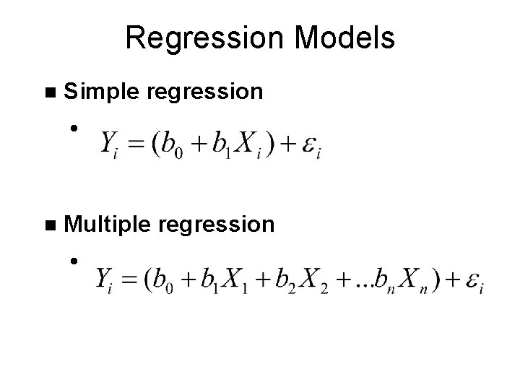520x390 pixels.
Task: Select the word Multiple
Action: [107, 224]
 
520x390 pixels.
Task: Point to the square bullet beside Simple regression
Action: [49, 92]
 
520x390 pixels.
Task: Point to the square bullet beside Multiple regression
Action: [49, 225]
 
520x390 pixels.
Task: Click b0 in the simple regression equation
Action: [174, 145]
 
